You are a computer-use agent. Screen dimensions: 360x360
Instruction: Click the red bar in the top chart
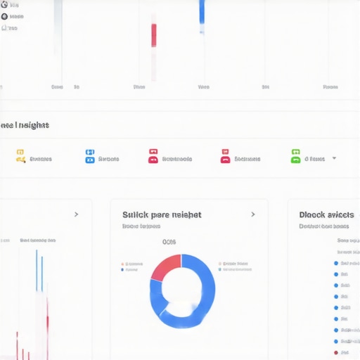(x=154, y=35)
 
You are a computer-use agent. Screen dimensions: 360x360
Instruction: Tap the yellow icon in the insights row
(x=20, y=155)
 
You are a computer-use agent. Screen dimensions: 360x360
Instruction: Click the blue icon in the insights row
(x=89, y=155)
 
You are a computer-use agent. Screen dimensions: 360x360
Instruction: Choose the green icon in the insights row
(x=296, y=155)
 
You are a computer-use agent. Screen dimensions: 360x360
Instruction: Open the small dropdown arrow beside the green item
(x=334, y=157)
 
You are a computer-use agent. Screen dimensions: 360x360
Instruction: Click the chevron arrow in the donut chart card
(x=253, y=214)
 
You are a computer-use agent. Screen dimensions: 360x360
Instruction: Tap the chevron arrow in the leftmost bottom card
(x=76, y=214)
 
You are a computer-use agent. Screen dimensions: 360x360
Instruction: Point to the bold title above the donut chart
(x=162, y=214)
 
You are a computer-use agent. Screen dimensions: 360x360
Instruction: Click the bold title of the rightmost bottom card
(x=326, y=214)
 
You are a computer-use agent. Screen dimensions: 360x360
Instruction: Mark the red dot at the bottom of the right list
(x=336, y=352)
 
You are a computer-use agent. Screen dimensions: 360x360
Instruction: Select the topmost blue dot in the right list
(x=336, y=263)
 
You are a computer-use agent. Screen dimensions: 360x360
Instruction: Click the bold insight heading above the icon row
(x=25, y=125)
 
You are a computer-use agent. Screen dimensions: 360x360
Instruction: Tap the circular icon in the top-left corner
(x=4, y=4)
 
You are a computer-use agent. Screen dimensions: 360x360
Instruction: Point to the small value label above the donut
(x=169, y=242)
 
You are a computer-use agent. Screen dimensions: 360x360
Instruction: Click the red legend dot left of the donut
(x=122, y=264)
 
